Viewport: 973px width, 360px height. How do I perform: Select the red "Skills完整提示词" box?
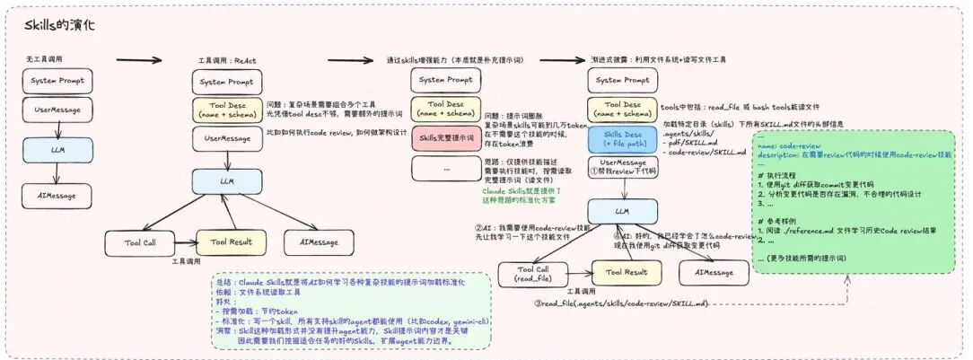pyautogui.click(x=445, y=138)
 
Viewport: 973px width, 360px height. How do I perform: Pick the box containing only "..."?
pyautogui.click(x=445, y=168)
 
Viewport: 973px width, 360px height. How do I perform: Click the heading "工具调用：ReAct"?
pyautogui.click(x=227, y=60)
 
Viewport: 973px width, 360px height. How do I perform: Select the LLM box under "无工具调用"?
pyautogui.click(x=57, y=149)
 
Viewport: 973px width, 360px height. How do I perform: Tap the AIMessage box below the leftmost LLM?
pyautogui.click(x=57, y=194)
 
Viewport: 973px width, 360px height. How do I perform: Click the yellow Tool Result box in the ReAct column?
pyautogui.click(x=224, y=241)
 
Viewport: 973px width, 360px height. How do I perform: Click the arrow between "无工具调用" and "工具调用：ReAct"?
pyautogui.click(x=139, y=61)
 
